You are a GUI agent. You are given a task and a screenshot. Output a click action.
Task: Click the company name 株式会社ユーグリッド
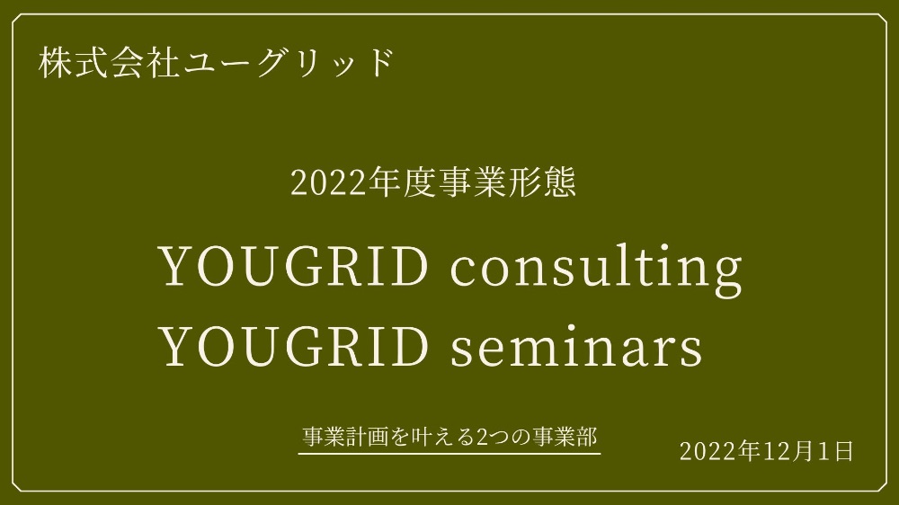click(x=216, y=63)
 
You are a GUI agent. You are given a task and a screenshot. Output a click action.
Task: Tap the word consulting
click(x=596, y=269)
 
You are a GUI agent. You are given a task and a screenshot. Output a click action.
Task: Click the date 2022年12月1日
click(x=767, y=452)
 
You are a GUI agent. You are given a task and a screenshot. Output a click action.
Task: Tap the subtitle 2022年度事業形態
click(x=433, y=182)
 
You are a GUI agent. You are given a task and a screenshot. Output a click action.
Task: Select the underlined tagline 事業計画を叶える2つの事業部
click(x=450, y=437)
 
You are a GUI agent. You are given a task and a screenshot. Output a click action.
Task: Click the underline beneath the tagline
click(x=449, y=454)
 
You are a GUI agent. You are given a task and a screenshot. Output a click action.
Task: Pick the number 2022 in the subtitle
click(x=328, y=183)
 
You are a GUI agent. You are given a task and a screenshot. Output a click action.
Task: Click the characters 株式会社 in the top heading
click(x=109, y=63)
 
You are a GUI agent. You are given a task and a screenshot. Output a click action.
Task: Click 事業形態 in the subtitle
click(x=505, y=182)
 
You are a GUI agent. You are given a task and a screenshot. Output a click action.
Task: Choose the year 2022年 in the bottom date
click(x=721, y=452)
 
